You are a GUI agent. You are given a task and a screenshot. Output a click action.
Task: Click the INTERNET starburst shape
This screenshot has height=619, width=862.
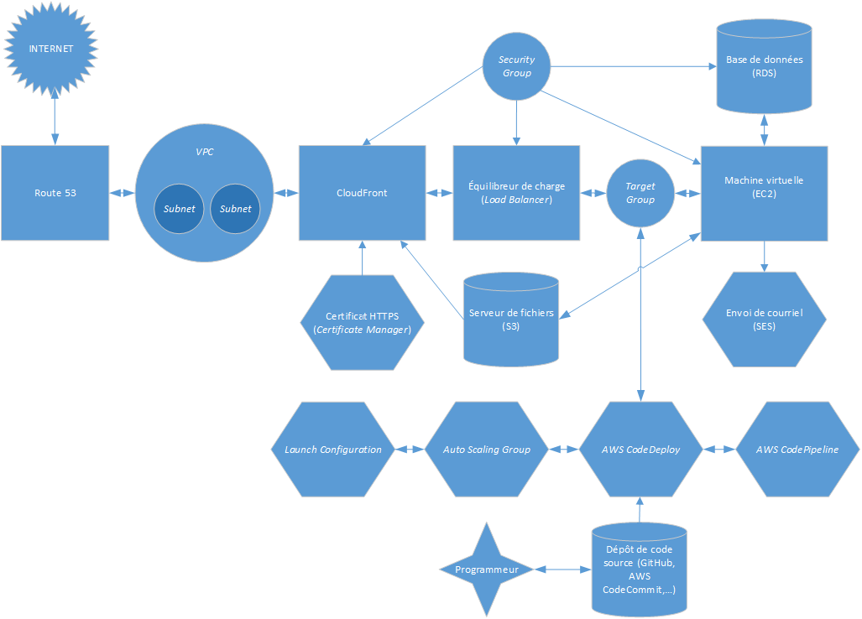coord(51,49)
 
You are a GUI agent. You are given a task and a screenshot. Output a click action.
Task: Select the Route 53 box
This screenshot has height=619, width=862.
coord(55,193)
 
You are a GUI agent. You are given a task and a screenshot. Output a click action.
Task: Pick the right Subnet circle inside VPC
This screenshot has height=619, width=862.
coord(235,209)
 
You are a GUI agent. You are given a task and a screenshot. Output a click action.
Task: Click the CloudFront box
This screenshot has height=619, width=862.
coord(362,193)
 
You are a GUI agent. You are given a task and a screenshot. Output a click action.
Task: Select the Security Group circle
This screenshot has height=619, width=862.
coord(516,66)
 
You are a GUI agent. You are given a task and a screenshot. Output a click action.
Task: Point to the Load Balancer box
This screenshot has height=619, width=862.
coord(516,193)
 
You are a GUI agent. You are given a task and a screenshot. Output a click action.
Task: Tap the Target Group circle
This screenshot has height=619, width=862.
coord(640,193)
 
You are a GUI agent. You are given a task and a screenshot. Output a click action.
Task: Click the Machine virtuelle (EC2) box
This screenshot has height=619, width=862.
coord(764,193)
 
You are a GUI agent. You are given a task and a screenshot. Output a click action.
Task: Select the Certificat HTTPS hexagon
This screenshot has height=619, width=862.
coord(362,323)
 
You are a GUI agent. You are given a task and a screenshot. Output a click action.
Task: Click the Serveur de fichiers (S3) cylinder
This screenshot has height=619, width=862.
coord(512,319)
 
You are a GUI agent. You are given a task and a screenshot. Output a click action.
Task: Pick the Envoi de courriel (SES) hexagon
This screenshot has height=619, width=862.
coord(764,319)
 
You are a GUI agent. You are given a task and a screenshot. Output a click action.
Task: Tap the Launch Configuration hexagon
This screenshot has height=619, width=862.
coord(333,450)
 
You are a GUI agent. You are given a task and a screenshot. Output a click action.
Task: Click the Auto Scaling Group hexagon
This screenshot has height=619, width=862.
coord(487,450)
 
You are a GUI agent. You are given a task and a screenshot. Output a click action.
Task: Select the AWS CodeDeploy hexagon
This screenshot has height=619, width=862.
coord(640,450)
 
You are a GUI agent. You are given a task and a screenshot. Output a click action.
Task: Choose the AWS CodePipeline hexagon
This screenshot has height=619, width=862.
coord(797,450)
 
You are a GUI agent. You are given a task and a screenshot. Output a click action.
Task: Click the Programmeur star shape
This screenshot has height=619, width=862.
coord(487,570)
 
